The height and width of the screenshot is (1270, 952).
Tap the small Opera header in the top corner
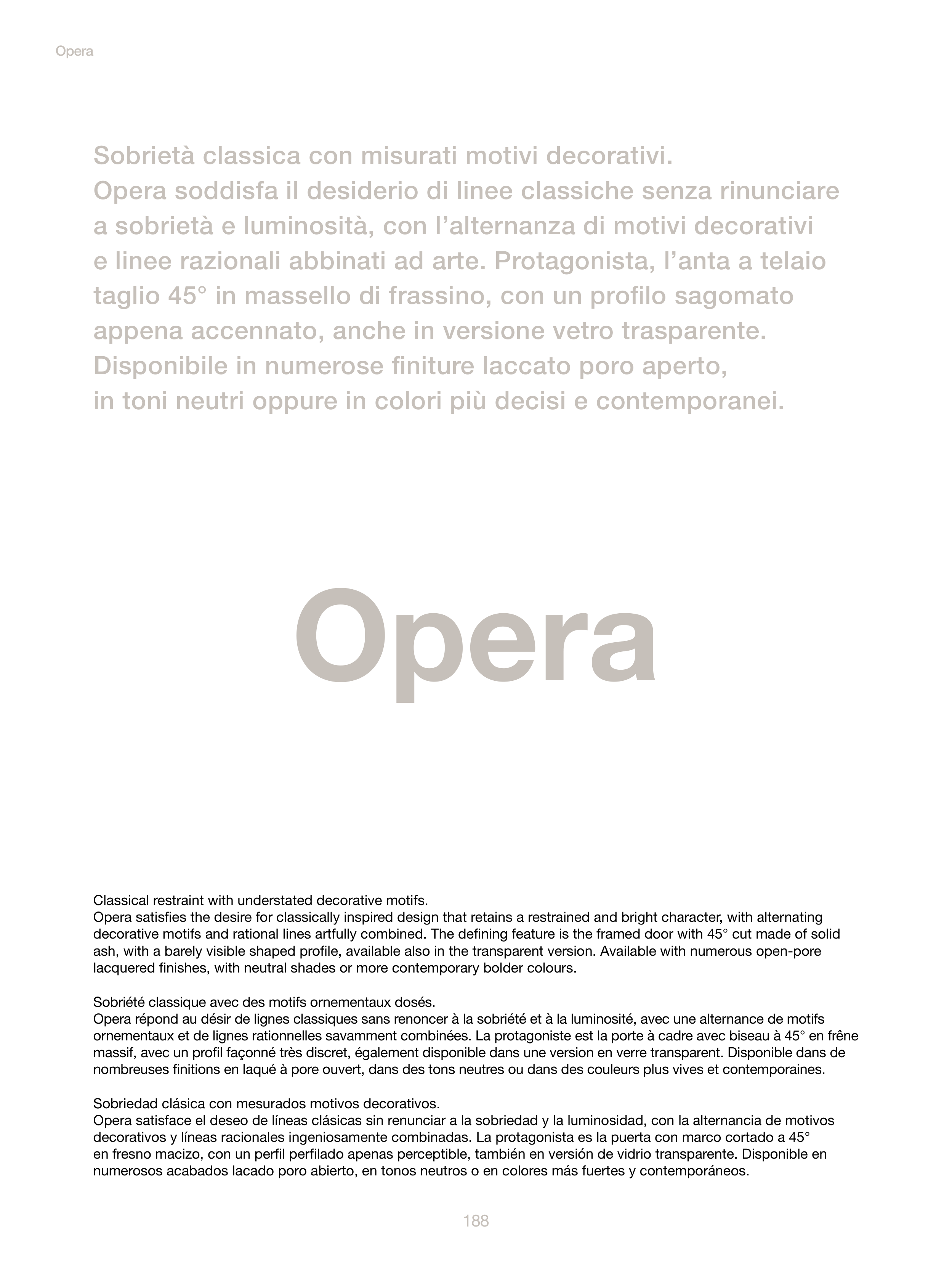pyautogui.click(x=75, y=51)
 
